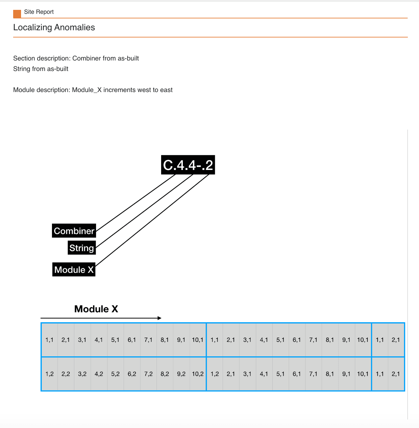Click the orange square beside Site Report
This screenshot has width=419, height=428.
17,14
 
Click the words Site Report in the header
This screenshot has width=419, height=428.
39,12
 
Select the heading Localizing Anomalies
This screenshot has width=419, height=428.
54,27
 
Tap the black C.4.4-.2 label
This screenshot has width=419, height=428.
188,165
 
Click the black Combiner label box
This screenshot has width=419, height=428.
74,231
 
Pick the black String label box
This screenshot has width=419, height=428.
82,248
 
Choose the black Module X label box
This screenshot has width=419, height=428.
74,270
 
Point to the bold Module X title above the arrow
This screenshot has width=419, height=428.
96,309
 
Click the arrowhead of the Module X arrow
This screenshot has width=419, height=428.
160,318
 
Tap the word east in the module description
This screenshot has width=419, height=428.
166,90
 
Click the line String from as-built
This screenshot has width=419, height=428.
41,69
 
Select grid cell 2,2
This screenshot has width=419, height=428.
66,374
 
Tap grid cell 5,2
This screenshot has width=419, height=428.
115,374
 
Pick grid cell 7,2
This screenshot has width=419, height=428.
148,374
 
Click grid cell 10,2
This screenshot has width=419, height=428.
198,374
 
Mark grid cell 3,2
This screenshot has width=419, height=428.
82,374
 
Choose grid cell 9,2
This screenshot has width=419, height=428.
181,374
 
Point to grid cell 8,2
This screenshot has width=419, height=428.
165,374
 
